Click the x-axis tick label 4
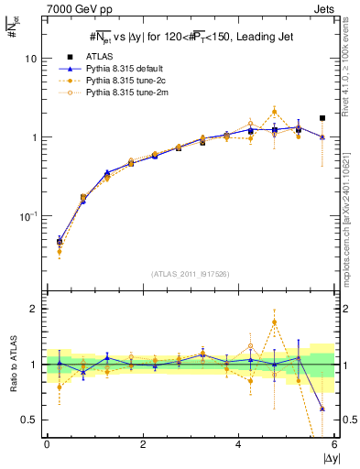(238, 444)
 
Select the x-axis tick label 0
(47, 444)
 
